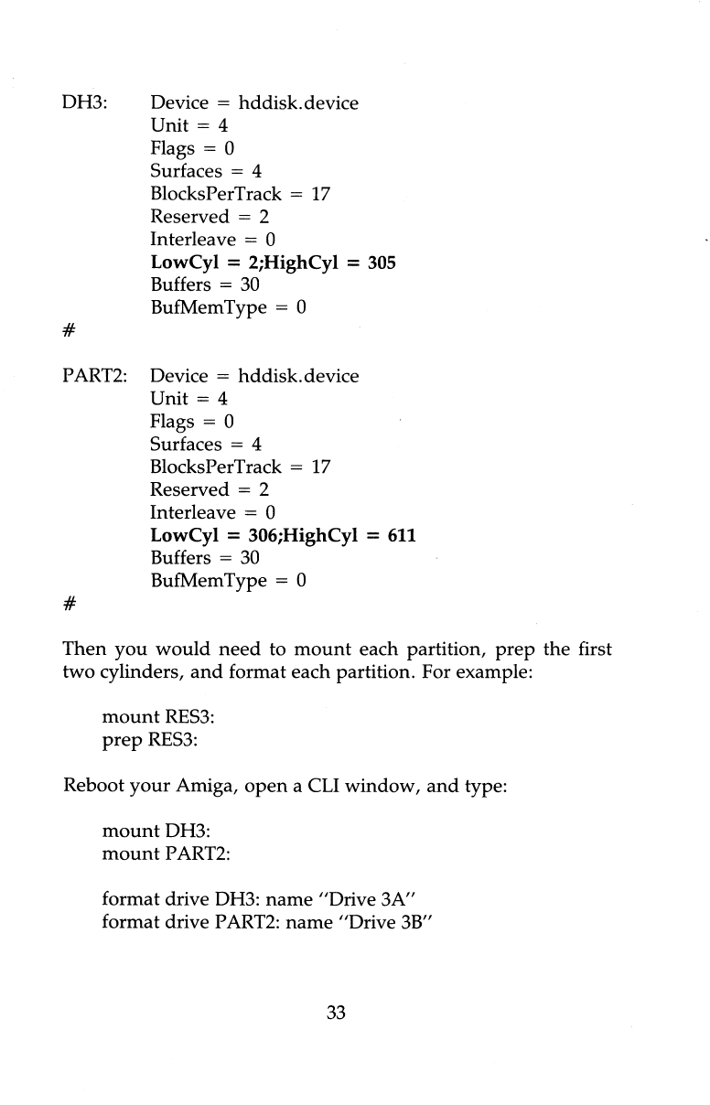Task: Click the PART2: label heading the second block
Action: point(95,377)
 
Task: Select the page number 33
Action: point(337,1012)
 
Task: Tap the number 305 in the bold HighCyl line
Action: point(382,263)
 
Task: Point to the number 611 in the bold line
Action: point(402,535)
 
